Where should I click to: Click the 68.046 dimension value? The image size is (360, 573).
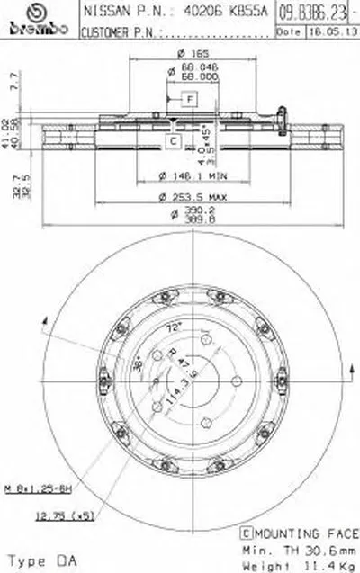190,67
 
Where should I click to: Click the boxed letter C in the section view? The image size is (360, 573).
170,140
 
